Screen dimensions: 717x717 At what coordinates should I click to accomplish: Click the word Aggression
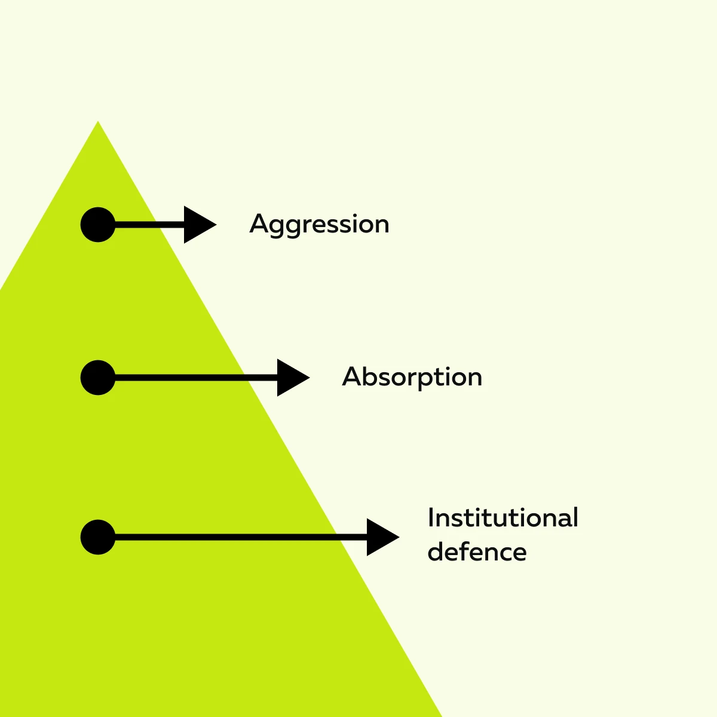coord(319,225)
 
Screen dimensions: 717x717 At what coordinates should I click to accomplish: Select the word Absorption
coord(412,377)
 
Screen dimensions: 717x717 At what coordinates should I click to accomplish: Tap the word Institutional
coord(502,518)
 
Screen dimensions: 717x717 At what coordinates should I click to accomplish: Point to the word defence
coord(477,551)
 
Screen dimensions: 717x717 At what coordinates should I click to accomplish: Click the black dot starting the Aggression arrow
coord(98,225)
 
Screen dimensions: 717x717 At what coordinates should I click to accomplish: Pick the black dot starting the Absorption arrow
coord(98,378)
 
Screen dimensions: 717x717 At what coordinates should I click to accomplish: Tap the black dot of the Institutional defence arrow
coord(98,537)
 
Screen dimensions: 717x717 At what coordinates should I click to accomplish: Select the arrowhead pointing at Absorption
coord(292,378)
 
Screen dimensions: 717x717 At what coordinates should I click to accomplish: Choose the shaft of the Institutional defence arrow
coord(239,537)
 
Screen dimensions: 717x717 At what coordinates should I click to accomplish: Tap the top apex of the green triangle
coord(98,123)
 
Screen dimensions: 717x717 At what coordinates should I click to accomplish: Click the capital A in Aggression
coord(258,224)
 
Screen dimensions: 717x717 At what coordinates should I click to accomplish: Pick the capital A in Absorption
coord(351,376)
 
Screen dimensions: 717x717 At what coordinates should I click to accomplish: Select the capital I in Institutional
coord(431,517)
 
